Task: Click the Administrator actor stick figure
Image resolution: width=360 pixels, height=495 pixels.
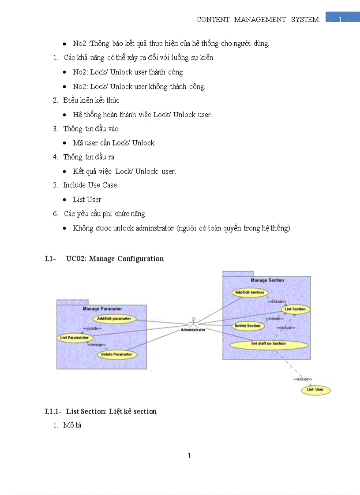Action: point(192,322)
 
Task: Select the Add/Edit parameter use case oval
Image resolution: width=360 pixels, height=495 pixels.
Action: point(114,318)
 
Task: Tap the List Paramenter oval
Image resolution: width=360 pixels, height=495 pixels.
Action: point(75,338)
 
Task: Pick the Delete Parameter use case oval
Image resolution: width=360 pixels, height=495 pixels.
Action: point(116,354)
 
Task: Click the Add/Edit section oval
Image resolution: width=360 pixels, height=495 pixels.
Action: point(249,292)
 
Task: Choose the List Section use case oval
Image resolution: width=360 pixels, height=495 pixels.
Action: point(295,309)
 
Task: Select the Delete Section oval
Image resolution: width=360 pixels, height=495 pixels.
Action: point(247,326)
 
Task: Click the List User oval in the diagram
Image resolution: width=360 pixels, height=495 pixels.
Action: point(315,390)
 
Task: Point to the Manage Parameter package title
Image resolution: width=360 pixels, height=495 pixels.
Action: point(102,309)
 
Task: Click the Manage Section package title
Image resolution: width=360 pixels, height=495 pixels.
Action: point(267,280)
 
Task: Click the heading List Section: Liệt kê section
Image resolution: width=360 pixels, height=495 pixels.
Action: point(111,411)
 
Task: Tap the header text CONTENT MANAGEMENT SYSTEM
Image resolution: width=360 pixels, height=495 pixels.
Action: point(258,19)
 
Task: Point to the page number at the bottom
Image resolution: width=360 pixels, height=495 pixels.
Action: point(189,455)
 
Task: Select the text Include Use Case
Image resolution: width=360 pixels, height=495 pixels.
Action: point(90,185)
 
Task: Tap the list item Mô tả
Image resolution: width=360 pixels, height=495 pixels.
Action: point(72,425)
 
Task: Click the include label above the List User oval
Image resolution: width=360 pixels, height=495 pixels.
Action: point(303,379)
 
